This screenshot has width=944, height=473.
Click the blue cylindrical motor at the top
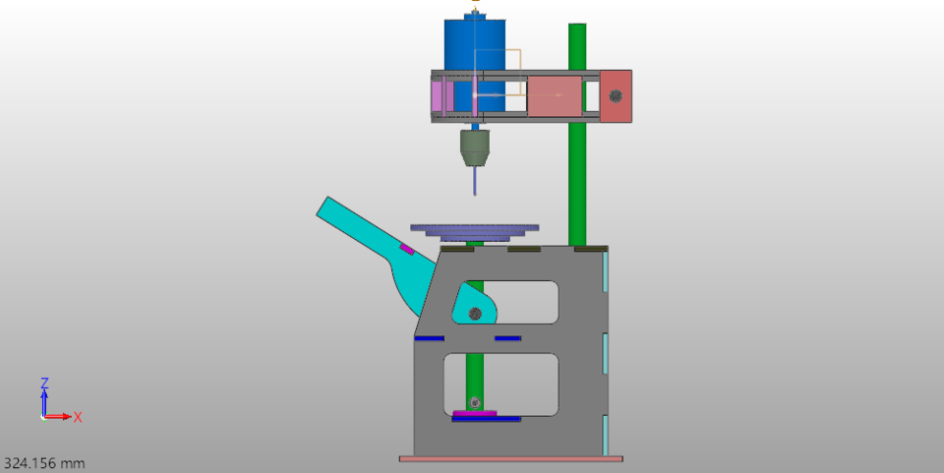tap(474, 44)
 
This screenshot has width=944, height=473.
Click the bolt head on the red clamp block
tap(616, 96)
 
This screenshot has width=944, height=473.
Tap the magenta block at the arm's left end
tap(439, 96)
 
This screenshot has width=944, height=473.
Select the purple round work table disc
tap(475, 228)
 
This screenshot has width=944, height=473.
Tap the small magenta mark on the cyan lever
tap(407, 250)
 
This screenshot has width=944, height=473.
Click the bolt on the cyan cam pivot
tap(475, 314)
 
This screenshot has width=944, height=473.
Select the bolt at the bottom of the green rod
tap(475, 402)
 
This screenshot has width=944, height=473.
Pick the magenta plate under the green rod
tap(475, 413)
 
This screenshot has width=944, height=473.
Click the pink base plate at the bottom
tap(510, 458)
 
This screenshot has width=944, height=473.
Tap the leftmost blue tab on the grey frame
tap(429, 338)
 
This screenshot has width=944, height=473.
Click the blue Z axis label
tap(44, 383)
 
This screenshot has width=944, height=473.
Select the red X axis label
tap(78, 417)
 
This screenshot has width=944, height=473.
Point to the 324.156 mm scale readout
tap(44, 462)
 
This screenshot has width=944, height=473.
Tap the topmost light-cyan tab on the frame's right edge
tap(605, 271)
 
